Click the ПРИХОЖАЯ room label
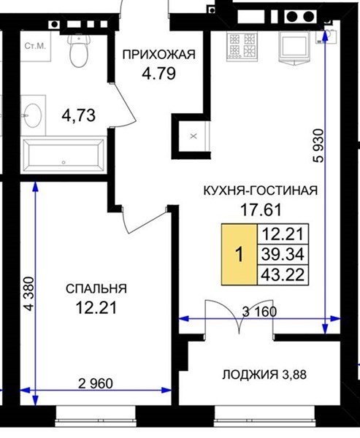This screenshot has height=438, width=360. click(x=159, y=55)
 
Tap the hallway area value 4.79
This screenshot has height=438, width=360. click(x=158, y=74)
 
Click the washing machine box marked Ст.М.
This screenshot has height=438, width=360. click(x=36, y=46)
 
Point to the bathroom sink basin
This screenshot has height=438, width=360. click(x=33, y=115)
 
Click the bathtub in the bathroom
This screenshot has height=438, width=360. click(x=64, y=155)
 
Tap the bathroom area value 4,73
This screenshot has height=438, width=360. click(x=79, y=115)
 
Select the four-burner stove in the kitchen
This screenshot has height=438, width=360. click(x=242, y=45)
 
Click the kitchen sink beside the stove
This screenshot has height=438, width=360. click(x=294, y=47)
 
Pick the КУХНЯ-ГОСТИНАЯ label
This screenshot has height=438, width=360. click(x=261, y=191)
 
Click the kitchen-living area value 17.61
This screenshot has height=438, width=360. click(x=261, y=210)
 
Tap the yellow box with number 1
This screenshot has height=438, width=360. click(x=240, y=255)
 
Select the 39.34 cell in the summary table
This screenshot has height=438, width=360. click(x=283, y=255)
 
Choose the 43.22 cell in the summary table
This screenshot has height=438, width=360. click(x=283, y=275)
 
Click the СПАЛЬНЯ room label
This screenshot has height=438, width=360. click(x=96, y=289)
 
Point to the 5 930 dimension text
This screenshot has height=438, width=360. click(x=318, y=145)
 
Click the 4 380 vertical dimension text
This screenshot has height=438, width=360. click(x=28, y=293)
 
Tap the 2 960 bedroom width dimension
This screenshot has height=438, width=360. click(x=96, y=383)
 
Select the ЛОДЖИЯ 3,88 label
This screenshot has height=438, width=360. click(x=264, y=374)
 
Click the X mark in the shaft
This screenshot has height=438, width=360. click(x=194, y=137)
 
